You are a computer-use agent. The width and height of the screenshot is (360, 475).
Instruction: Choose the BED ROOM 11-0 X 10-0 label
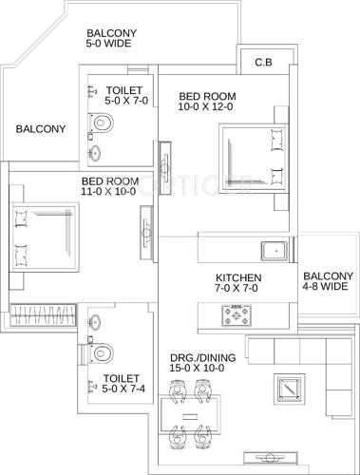(107, 186)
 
